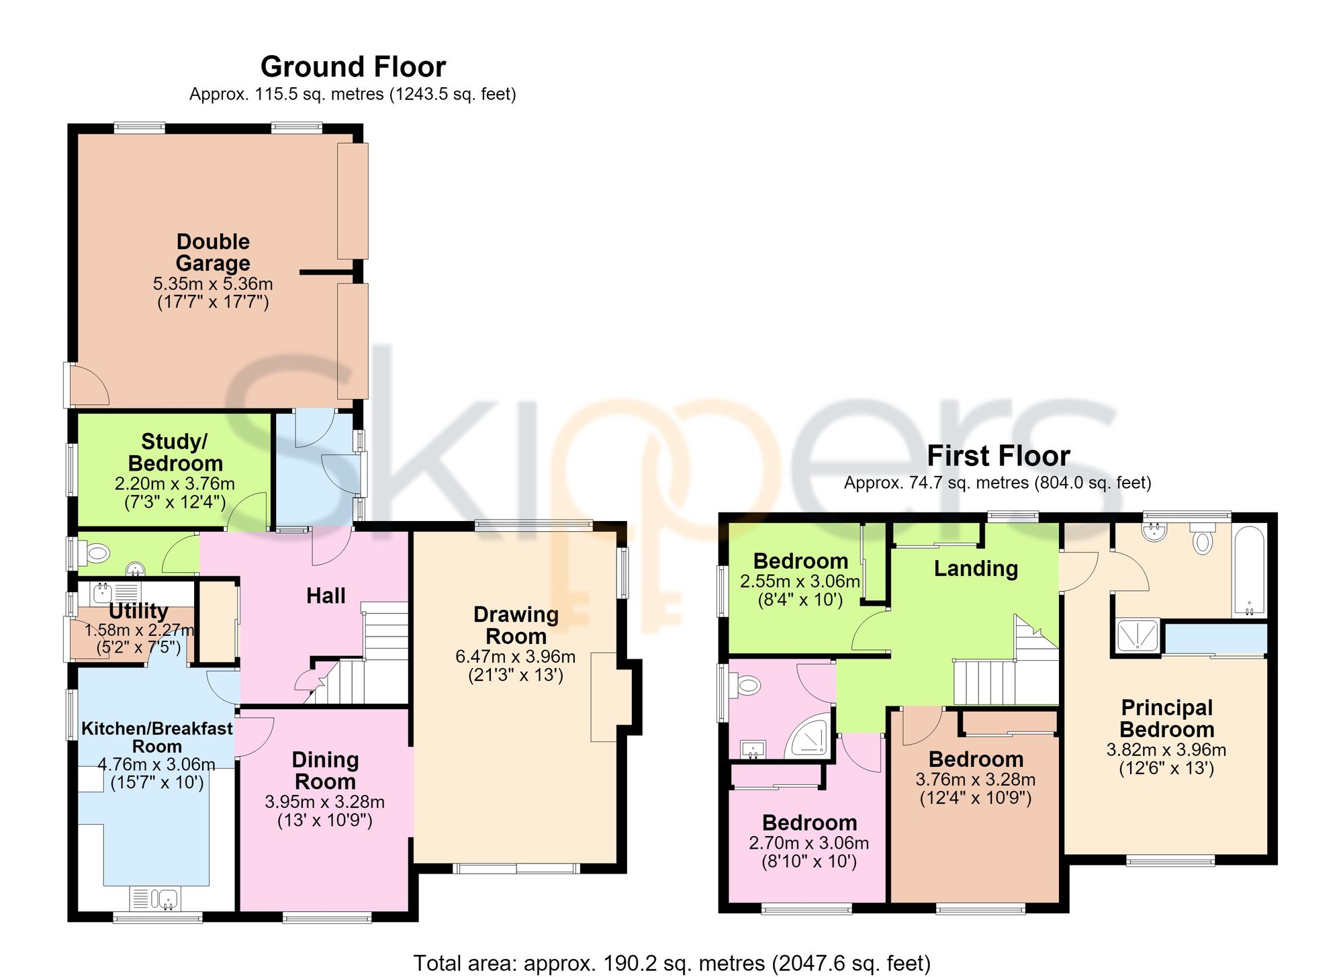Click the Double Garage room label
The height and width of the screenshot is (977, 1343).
(x=213, y=252)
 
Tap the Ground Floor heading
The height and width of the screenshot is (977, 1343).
(x=353, y=67)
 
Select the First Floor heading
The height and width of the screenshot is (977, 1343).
(x=999, y=456)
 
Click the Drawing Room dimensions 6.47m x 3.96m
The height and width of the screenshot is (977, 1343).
(x=516, y=657)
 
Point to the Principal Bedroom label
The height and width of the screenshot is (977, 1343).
(x=1167, y=718)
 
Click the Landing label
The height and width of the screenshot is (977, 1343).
(x=976, y=569)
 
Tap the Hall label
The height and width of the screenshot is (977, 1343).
(x=326, y=596)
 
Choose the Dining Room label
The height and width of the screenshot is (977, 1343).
(x=325, y=771)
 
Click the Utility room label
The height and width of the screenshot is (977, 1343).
(x=138, y=611)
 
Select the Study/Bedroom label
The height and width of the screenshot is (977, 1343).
(x=175, y=453)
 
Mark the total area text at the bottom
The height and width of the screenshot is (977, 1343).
(x=672, y=963)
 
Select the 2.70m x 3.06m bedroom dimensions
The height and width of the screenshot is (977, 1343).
(x=809, y=843)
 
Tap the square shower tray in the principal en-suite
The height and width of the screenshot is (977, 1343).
(x=1138, y=636)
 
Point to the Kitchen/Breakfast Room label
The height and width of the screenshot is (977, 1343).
(x=157, y=737)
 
